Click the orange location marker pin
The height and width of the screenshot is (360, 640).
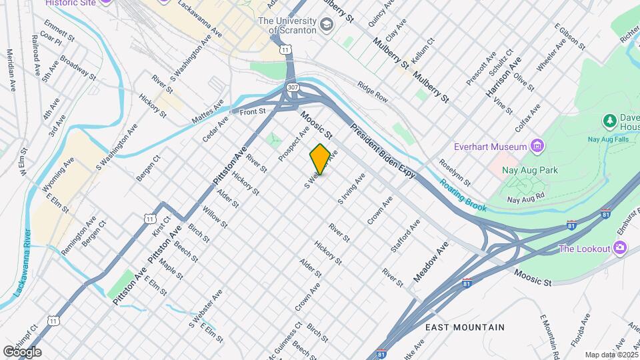[320, 159]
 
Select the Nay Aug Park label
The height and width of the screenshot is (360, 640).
[531, 171]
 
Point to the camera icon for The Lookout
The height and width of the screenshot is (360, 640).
[621, 249]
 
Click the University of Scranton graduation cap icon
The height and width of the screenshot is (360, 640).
[327, 26]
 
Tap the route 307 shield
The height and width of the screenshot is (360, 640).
[293, 88]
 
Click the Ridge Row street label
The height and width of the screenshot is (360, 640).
[372, 91]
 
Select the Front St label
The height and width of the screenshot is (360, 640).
[253, 112]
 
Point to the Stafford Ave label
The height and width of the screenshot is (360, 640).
[406, 237]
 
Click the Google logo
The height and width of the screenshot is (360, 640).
[22, 352]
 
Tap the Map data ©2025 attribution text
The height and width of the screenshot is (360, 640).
[609, 355]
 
